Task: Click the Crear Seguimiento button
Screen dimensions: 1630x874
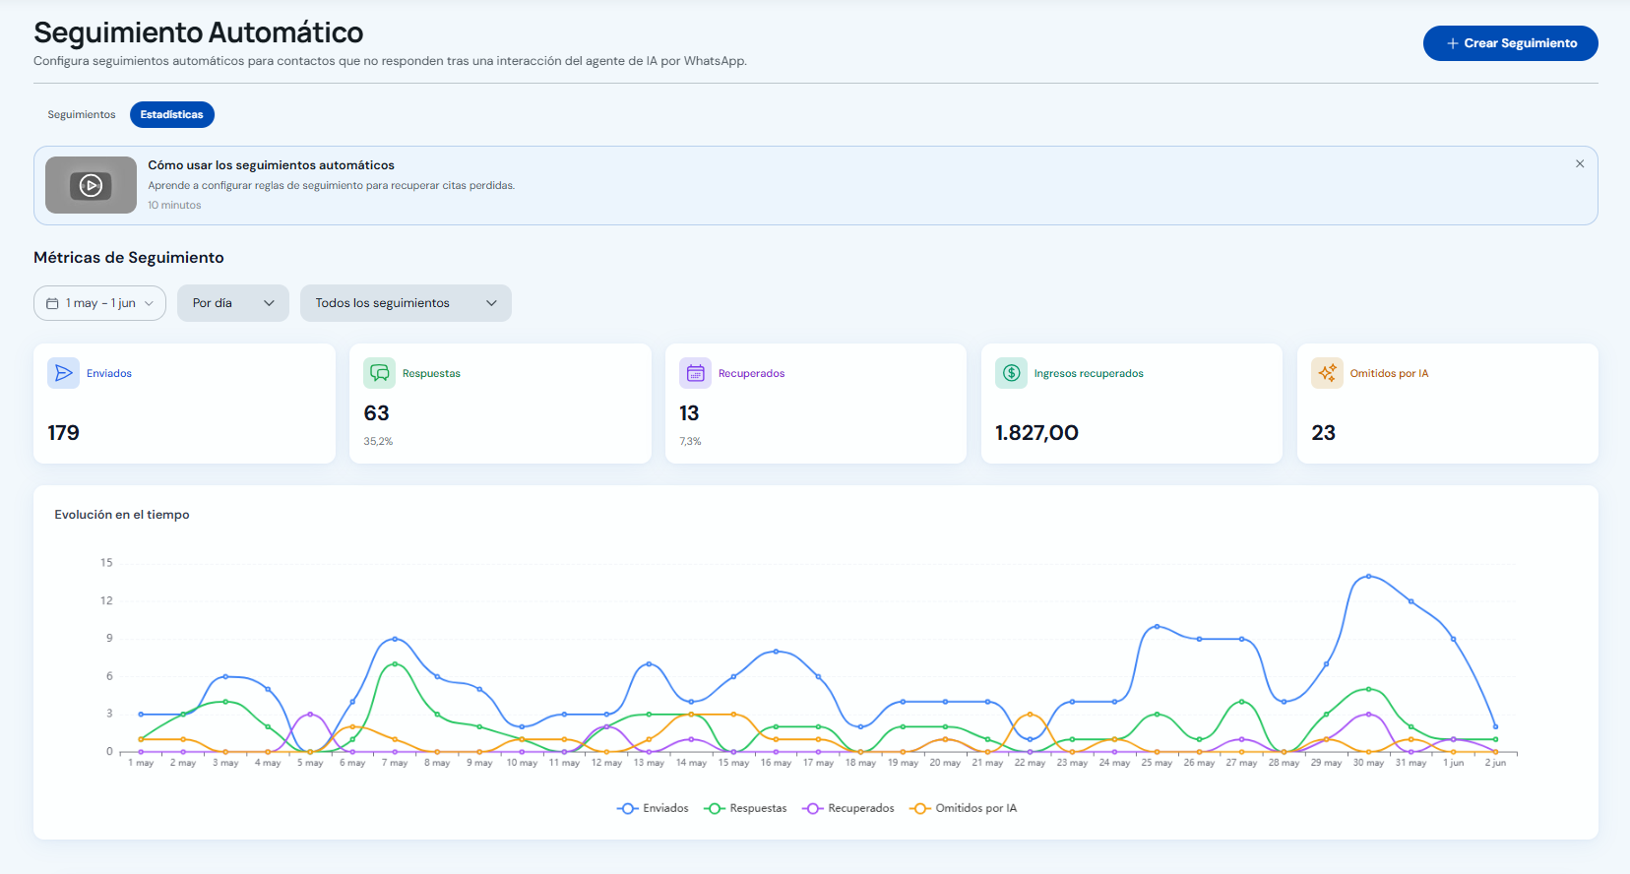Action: pos(1510,43)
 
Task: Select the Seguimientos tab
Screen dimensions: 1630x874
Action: pos(82,114)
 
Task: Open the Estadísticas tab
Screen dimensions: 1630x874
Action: pos(171,114)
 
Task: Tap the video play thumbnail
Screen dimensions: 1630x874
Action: pos(91,185)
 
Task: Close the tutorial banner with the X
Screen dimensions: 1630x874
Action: pos(1579,163)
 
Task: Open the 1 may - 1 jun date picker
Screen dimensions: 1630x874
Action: pos(99,303)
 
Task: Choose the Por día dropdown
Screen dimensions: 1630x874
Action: pos(233,303)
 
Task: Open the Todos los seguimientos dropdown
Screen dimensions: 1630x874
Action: pos(406,303)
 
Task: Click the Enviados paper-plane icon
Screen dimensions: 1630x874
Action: pos(63,373)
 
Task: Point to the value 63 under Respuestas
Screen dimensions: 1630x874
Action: pos(376,413)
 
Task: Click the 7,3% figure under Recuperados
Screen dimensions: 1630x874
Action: pos(690,441)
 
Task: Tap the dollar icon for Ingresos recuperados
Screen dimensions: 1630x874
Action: pos(1011,373)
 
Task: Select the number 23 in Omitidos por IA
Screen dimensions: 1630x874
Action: pos(1323,433)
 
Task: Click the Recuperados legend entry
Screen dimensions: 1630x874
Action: pos(847,808)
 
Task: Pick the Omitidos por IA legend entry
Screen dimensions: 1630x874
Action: pos(963,808)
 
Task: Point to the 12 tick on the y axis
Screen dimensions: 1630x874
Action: pos(107,600)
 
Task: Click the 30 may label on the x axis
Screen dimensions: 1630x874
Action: pos(1368,763)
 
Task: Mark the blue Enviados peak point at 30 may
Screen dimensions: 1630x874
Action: pos(1369,577)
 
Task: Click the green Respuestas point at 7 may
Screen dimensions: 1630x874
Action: pos(395,663)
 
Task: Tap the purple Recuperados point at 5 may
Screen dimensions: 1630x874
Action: pos(310,714)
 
